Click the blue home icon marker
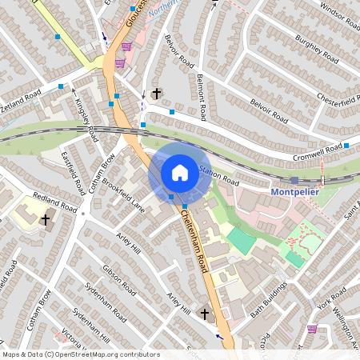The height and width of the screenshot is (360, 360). pos(180,172)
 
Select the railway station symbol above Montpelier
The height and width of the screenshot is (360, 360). pos(294,181)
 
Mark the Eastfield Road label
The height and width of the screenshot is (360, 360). pos(74,174)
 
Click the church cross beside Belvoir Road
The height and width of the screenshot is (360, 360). pos(156,94)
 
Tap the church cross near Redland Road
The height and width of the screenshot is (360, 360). pos(46,218)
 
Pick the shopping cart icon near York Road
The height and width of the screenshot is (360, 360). pos(311,328)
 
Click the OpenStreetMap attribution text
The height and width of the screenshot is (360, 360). pos(81,354)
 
